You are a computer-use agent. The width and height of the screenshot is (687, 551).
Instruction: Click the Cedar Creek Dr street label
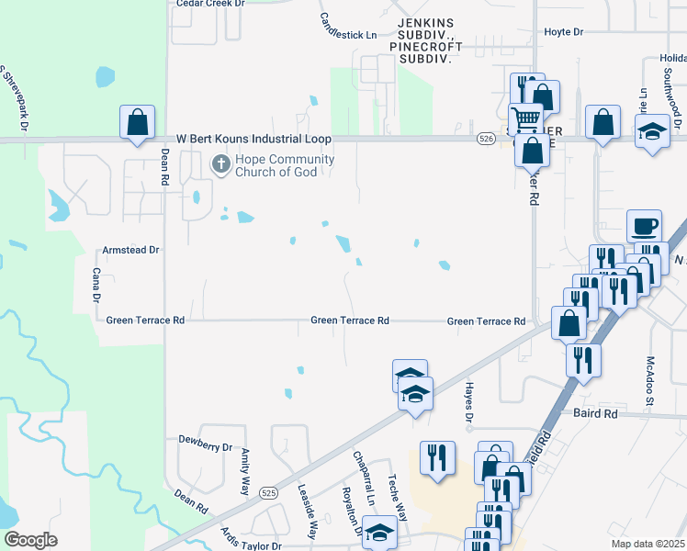tap(210, 4)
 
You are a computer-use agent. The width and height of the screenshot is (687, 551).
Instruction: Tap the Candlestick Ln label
tap(348, 27)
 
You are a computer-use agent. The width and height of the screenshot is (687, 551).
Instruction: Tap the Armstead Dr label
tap(130, 250)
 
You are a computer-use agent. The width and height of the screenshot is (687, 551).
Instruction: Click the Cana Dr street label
tap(95, 285)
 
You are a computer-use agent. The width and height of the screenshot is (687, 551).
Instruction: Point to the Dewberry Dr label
tap(206, 447)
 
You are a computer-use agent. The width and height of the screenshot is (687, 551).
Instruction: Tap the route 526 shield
tap(486, 139)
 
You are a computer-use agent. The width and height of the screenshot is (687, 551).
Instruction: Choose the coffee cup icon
tap(644, 225)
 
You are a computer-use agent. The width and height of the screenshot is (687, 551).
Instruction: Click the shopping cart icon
tap(526, 118)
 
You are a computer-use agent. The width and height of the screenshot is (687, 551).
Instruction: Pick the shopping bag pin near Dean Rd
tap(137, 122)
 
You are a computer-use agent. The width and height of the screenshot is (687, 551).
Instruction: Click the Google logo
tap(30, 540)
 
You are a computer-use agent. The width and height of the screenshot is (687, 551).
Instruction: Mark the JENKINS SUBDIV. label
tap(425, 22)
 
